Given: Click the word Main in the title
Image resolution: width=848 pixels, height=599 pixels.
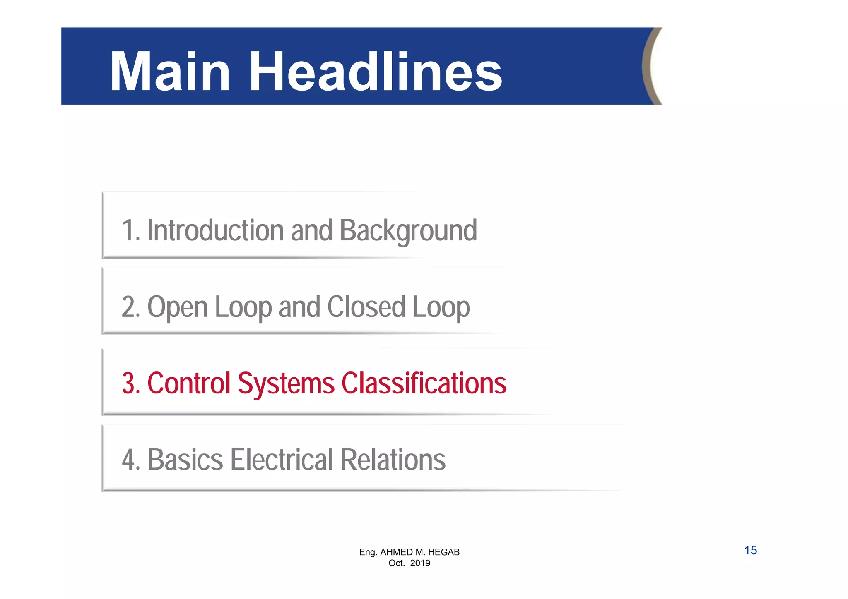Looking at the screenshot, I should (170, 72).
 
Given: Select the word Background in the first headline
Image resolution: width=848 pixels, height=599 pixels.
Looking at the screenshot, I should (408, 230).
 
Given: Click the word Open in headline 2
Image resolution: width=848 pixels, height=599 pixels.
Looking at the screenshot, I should (177, 307).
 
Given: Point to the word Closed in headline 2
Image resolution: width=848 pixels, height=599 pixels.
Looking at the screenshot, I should (366, 307).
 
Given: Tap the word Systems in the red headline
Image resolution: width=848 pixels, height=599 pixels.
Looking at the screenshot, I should (286, 384).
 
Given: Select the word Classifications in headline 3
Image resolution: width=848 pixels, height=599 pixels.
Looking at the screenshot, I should (424, 383).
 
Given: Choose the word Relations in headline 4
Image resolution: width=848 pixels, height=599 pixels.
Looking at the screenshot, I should (393, 460).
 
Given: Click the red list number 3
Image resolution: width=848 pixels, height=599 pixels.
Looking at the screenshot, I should (129, 383).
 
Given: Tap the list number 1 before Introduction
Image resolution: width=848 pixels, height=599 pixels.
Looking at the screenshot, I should (128, 230).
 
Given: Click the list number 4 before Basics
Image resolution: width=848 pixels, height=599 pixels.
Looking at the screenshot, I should (129, 460).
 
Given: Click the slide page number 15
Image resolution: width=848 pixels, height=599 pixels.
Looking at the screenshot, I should (750, 551).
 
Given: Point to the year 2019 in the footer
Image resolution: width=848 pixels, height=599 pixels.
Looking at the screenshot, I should (420, 563).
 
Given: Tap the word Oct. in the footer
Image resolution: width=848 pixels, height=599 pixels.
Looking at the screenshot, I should (396, 563).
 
